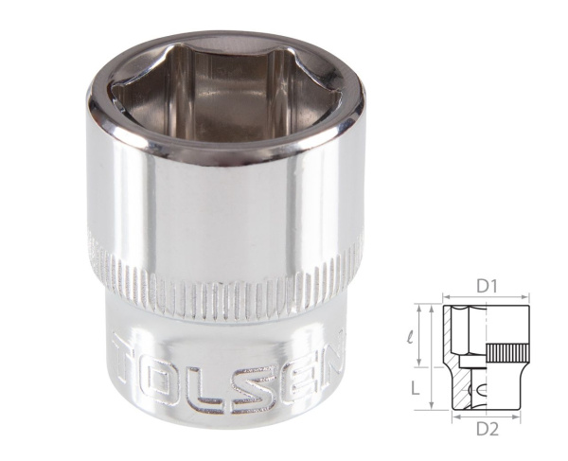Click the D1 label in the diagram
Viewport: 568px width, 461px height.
tap(487, 285)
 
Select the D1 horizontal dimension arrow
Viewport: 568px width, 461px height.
tap(487, 298)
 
